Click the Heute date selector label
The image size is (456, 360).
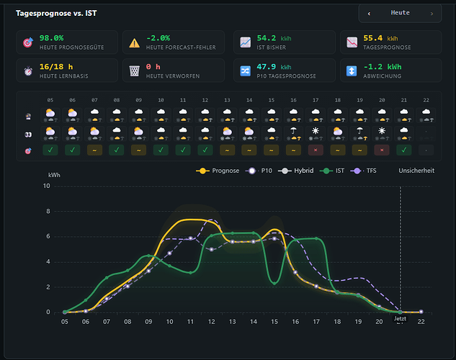click(x=400, y=13)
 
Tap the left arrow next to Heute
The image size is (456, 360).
click(x=369, y=14)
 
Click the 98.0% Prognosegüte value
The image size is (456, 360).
click(x=51, y=38)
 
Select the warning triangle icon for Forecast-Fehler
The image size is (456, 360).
click(x=135, y=43)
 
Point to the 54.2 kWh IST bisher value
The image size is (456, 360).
click(x=274, y=38)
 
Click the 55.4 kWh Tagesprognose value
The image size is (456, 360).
click(x=380, y=38)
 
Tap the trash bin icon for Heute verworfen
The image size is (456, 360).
click(x=135, y=71)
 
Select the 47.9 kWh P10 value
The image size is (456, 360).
click(x=274, y=67)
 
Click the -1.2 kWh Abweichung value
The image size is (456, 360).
click(x=383, y=67)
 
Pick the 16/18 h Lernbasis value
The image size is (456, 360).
click(x=56, y=67)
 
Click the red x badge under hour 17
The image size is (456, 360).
click(x=316, y=150)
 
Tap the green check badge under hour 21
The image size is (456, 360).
click(x=404, y=150)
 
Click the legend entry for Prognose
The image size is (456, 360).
click(x=218, y=171)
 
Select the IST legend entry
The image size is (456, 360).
click(x=332, y=171)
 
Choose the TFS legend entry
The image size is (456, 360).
click(x=363, y=171)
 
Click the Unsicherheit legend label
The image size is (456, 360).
click(x=416, y=171)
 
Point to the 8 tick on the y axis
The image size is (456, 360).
click(x=48, y=211)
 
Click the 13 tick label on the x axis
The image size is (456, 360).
click(x=233, y=322)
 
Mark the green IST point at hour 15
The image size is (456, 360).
click(x=274, y=283)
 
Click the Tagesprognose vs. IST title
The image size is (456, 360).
click(x=56, y=13)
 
